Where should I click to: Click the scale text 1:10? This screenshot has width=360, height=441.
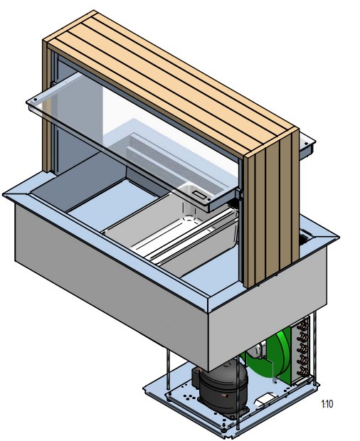(327, 404)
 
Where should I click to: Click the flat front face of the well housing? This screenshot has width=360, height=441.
(107, 277)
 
